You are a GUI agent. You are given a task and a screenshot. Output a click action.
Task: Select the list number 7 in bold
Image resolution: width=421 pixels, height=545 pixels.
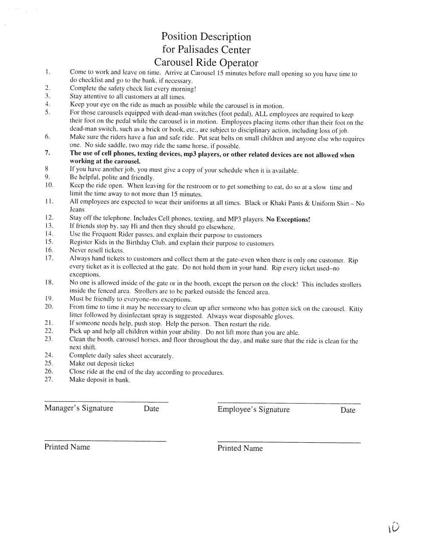point(47,153)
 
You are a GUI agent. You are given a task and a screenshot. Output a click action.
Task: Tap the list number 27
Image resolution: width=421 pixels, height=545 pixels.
point(49,380)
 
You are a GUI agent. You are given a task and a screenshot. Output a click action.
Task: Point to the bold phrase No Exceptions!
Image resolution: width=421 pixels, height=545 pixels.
point(288,219)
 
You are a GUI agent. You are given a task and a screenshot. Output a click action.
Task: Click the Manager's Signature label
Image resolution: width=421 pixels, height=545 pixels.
point(79,408)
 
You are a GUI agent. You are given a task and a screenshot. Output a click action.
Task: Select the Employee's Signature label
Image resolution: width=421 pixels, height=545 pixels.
point(253,410)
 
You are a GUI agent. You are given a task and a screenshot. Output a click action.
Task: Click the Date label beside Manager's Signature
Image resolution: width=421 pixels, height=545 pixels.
point(151,409)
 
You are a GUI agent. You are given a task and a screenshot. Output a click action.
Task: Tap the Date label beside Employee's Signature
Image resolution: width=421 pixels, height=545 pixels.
point(348,410)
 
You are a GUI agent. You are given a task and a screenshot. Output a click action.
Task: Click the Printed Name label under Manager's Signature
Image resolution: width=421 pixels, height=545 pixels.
point(67,447)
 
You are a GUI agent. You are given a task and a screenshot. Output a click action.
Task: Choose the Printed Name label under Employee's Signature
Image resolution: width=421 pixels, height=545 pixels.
point(240,448)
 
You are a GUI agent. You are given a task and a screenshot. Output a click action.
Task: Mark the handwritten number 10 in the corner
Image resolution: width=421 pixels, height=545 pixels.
point(394,527)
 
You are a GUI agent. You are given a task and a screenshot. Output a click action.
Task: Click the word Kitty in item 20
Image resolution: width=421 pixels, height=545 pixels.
point(356,309)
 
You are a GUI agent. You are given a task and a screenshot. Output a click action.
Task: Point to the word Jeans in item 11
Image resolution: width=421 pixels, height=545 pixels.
point(77,210)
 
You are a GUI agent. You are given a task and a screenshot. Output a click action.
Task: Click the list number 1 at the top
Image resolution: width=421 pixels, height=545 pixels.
point(48,72)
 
